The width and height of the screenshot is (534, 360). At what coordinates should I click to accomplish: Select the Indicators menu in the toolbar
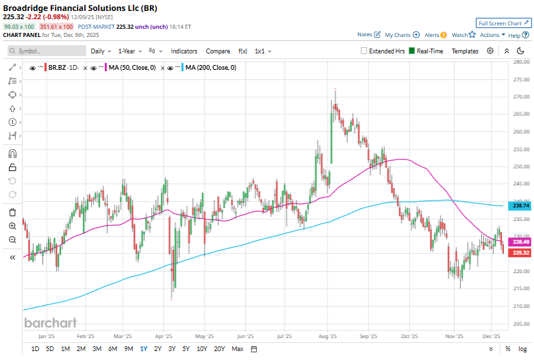[x=183, y=51]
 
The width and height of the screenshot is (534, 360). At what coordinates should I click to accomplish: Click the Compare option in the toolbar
[x=218, y=51]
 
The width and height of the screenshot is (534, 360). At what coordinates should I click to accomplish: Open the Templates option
[x=465, y=51]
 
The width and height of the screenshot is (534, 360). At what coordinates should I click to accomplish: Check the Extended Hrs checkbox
[x=365, y=51]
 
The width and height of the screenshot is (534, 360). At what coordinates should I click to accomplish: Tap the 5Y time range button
[x=186, y=349]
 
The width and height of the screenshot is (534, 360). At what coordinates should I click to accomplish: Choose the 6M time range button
[x=112, y=349]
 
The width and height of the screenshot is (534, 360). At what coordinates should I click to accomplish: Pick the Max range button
[x=237, y=349]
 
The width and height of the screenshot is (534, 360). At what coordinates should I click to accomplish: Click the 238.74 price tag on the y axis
[x=521, y=205]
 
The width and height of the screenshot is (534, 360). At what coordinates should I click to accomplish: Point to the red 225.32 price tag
[x=521, y=253]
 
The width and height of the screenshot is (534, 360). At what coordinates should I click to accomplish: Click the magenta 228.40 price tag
[x=521, y=242]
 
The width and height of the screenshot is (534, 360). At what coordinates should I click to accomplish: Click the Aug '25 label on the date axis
[x=328, y=337]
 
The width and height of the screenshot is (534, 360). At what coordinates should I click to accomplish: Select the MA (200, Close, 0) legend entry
[x=211, y=68]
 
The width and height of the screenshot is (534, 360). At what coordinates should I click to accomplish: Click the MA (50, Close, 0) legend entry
[x=131, y=68]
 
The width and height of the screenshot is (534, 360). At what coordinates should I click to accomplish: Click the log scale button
[x=522, y=349]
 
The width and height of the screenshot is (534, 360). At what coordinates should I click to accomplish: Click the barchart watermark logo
[x=50, y=322]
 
